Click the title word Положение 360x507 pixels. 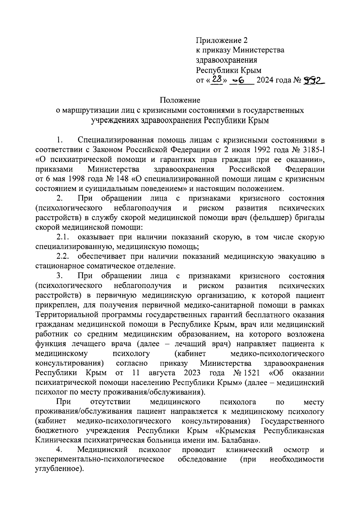tap(180, 100)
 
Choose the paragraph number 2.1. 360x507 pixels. tap(64, 237)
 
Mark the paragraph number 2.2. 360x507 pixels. tap(64, 257)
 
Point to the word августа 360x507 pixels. tap(162, 373)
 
